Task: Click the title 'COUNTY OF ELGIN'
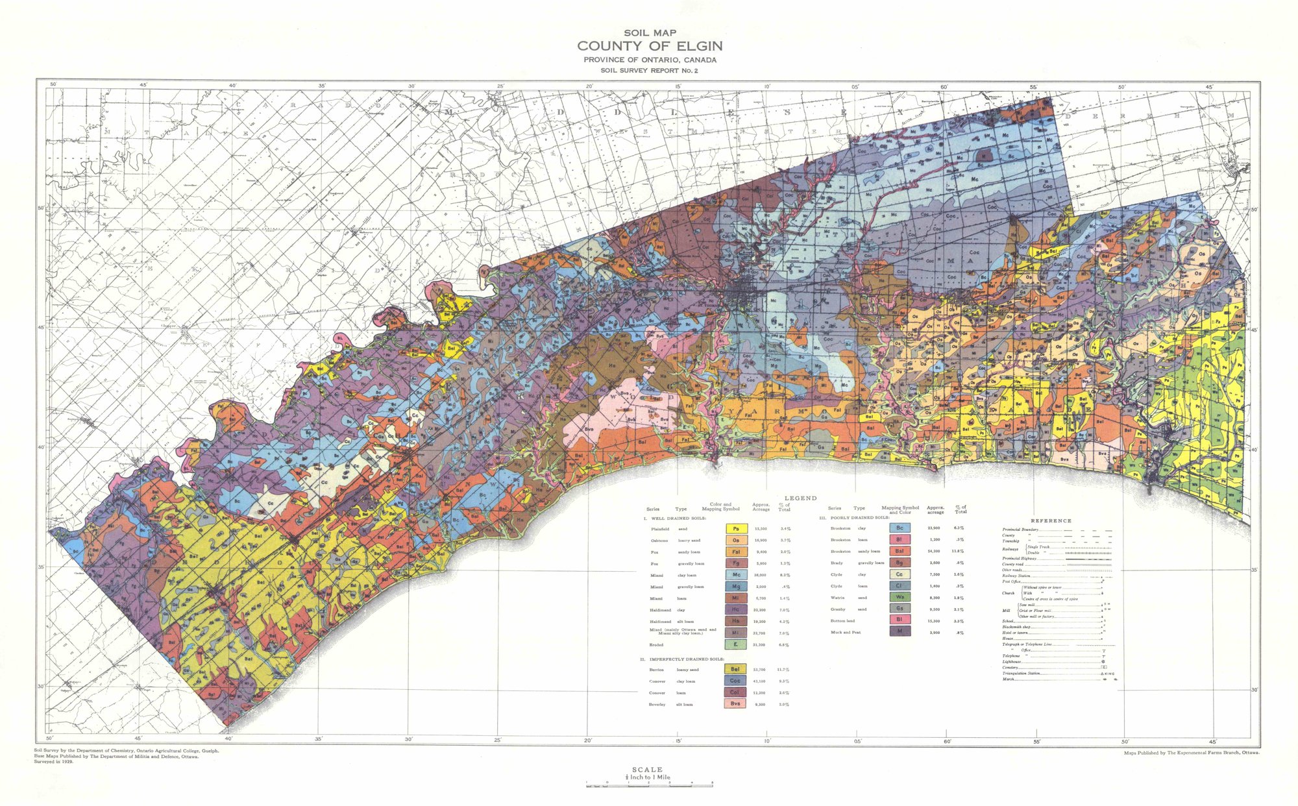pos(650,46)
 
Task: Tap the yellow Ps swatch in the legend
pos(735,529)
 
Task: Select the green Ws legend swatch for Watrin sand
pos(900,597)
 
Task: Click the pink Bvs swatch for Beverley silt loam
pos(735,703)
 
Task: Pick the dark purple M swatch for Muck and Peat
pos(900,631)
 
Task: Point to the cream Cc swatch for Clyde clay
pos(900,574)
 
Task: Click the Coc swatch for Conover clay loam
pos(735,681)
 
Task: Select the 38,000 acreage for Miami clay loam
pos(761,575)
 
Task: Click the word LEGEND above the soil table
pos(801,498)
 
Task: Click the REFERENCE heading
pos(1051,521)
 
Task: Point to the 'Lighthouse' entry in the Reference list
pos(1012,662)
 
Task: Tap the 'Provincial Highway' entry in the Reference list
pos(1020,559)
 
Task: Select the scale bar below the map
pos(649,785)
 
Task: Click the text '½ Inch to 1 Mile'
pos(648,777)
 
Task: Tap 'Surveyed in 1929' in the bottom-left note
pos(54,762)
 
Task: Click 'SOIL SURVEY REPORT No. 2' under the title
pos(649,70)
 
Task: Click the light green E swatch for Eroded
pos(735,644)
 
